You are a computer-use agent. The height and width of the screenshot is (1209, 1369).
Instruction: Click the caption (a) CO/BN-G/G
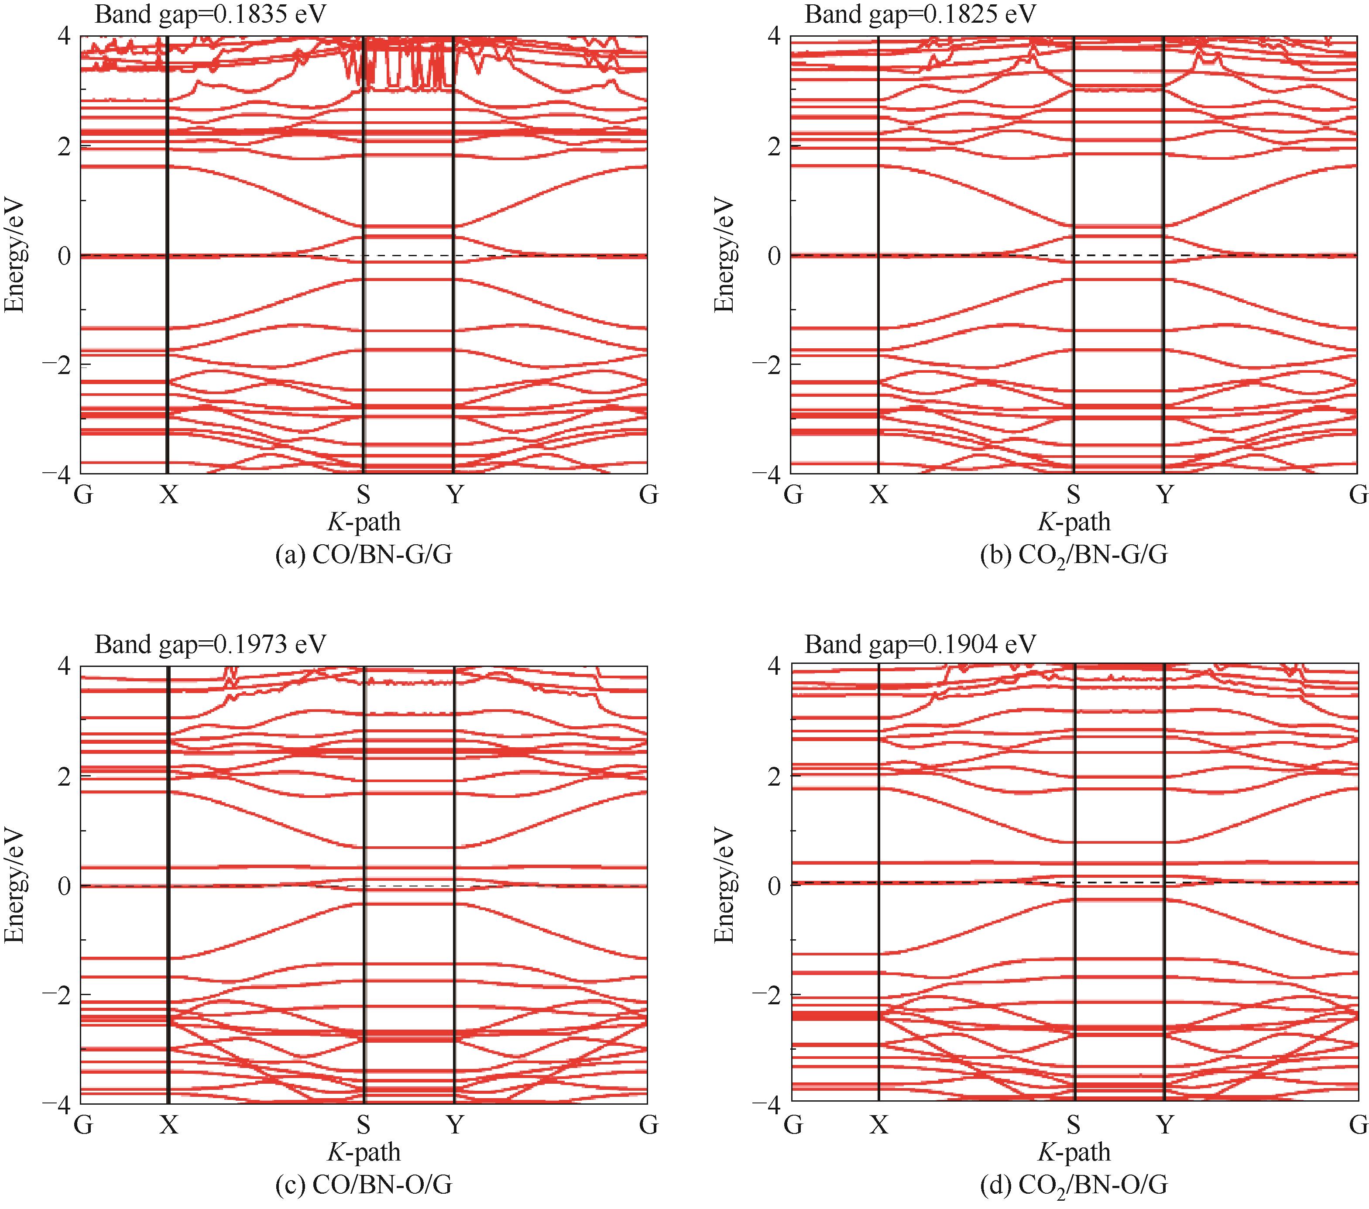point(364,555)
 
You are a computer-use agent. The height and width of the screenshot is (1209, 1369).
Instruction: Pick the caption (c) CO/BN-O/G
point(364,1185)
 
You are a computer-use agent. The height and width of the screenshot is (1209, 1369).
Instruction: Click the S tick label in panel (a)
point(363,495)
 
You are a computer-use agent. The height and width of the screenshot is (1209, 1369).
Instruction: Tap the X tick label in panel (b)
point(879,495)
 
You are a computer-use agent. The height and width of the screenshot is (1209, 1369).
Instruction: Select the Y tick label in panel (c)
point(455,1125)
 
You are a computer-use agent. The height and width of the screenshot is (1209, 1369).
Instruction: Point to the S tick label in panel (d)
point(1074,1125)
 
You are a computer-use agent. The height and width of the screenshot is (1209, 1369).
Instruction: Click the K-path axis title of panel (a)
point(364,522)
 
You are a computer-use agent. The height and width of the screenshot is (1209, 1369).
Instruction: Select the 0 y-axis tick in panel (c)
point(64,886)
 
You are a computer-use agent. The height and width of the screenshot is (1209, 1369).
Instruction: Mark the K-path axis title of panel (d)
point(1074,1152)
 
